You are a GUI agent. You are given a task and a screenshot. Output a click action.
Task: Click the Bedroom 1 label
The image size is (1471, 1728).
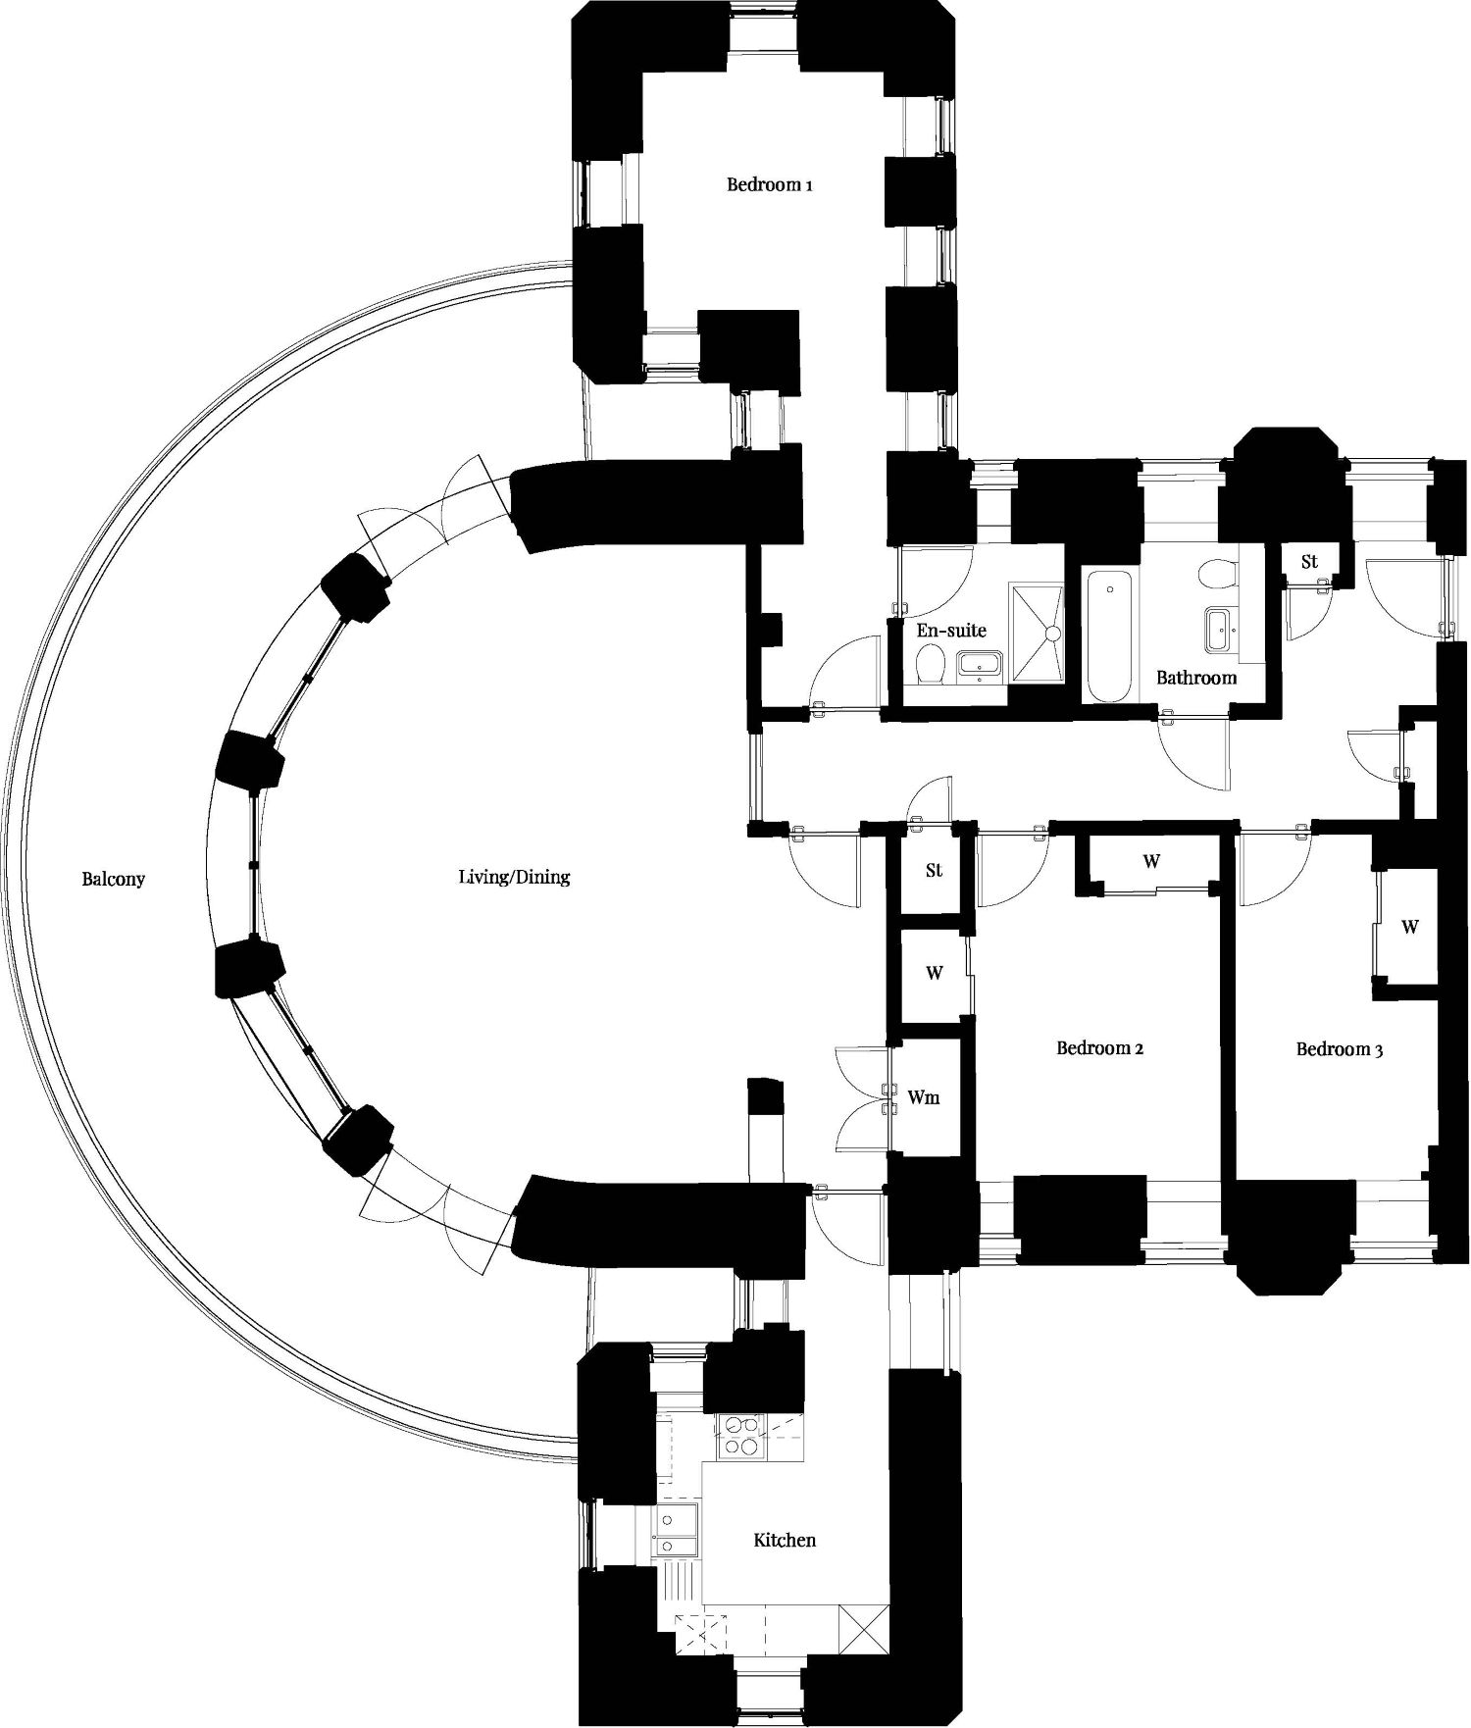[769, 184]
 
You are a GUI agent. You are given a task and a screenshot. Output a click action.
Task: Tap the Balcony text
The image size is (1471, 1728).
[113, 879]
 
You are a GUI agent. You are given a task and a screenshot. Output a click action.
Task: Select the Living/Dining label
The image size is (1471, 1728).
[514, 878]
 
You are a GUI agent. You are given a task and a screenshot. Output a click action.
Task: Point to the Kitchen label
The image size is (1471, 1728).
[785, 1540]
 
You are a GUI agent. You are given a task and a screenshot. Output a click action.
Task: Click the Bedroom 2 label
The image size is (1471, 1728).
[1100, 1048]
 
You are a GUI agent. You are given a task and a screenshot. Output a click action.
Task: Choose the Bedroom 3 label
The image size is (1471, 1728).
[1340, 1049]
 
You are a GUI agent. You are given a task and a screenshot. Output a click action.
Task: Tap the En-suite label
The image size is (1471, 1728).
[951, 631]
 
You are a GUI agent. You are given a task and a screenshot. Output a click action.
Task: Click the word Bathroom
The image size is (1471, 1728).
[1196, 678]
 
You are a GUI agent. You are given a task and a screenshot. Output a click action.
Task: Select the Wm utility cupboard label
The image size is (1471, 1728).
[924, 1097]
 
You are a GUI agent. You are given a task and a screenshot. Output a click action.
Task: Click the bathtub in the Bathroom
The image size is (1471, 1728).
[1109, 636]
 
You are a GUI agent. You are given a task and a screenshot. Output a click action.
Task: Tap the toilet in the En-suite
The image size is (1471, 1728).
[929, 666]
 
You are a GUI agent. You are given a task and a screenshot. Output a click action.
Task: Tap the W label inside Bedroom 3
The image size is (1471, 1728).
[1410, 927]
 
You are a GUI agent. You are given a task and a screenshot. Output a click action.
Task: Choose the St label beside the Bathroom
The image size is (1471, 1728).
[1309, 562]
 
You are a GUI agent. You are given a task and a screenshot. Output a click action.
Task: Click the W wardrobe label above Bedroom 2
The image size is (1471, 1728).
[1151, 862]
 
